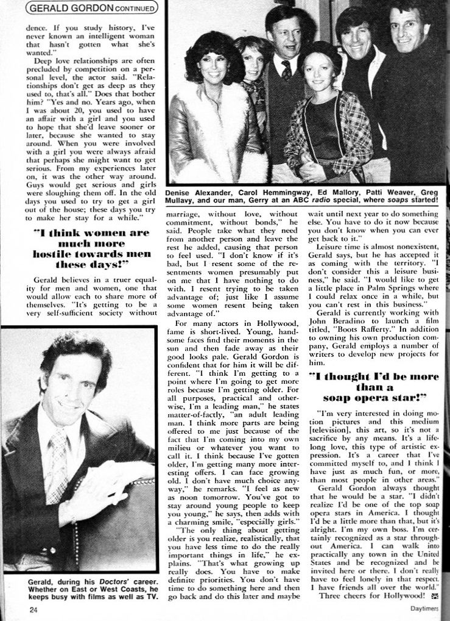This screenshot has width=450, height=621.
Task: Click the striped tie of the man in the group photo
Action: (x=286, y=71)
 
